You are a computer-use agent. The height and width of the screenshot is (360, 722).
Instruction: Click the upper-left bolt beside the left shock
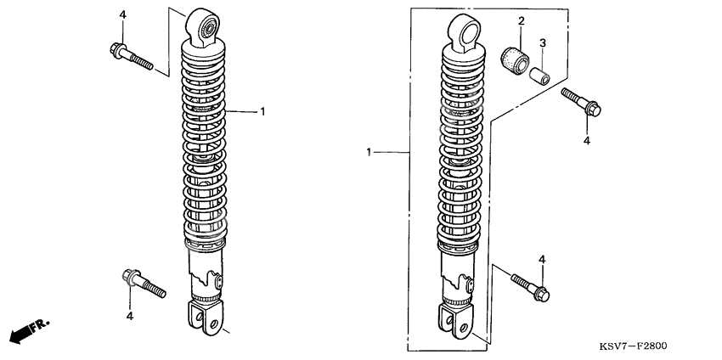[130, 56]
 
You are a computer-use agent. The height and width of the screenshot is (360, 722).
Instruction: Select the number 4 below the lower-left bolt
[130, 316]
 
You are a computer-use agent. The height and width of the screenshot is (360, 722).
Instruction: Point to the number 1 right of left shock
[263, 111]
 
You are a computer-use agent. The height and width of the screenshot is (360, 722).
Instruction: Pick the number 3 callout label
[543, 43]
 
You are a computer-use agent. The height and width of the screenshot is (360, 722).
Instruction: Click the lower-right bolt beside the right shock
[530, 284]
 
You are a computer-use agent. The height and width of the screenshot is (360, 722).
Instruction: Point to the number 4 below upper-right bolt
[586, 141]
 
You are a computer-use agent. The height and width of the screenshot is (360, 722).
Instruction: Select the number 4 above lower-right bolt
[541, 259]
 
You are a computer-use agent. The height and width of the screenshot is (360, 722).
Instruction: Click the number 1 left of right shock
[369, 152]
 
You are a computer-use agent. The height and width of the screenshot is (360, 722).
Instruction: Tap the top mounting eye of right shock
[464, 31]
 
